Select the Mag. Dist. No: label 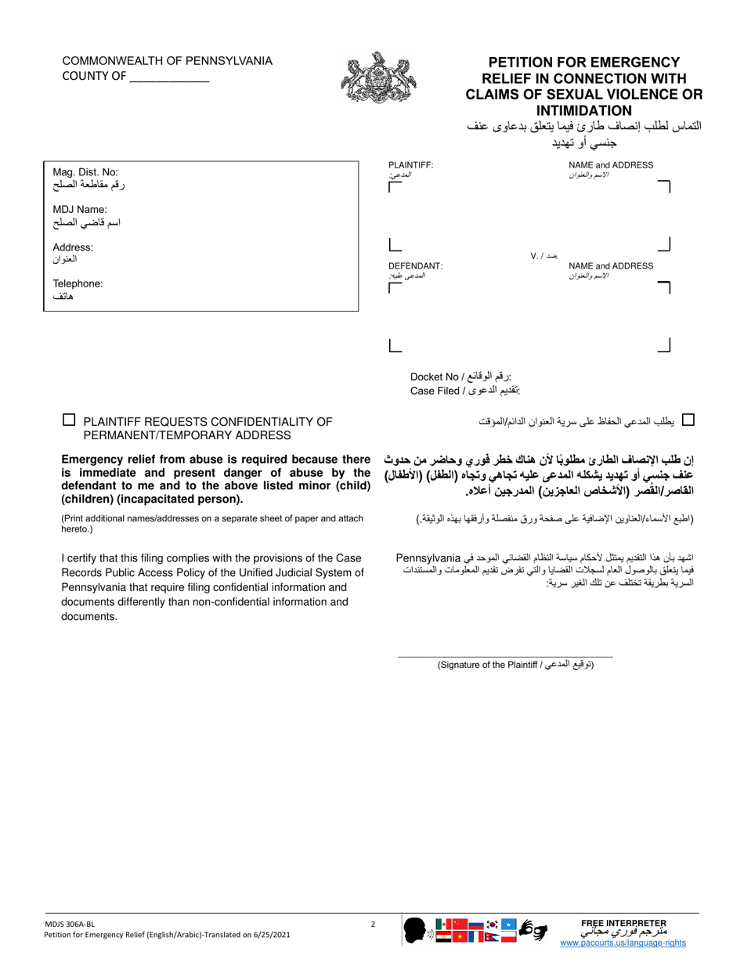pos(85,171)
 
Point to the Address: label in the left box pos(73,247)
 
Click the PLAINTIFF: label pos(410,165)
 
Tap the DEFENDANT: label pos(415,266)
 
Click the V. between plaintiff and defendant pos(536,256)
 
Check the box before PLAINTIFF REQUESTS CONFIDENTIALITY pos(69,420)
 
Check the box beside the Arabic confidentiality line pos(688,420)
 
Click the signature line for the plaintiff pos(505,656)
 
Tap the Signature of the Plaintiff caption pos(515,665)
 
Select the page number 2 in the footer pos(373,925)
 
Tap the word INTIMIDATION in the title pos(583,110)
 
